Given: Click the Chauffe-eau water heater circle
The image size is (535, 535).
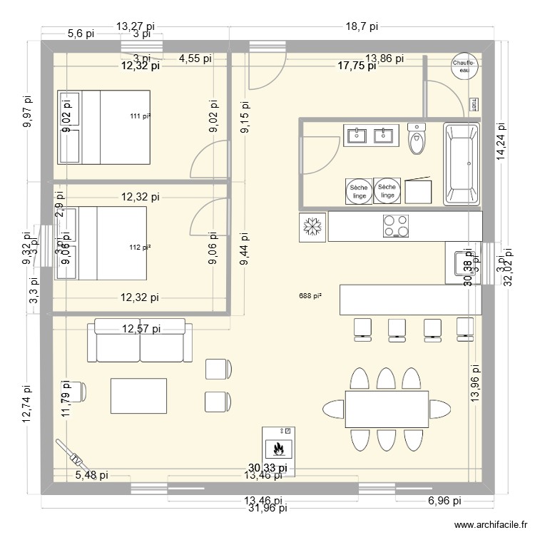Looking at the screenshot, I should click(464, 66).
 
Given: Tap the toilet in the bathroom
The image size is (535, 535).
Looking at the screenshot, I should click(417, 138).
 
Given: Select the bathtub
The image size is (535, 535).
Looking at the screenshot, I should click(462, 163).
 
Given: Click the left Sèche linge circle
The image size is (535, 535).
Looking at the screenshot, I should click(358, 190).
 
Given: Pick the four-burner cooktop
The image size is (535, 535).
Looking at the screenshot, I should click(396, 226).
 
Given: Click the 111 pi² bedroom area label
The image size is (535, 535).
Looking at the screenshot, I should click(141, 116).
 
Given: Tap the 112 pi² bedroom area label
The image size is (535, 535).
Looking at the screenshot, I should click(141, 248).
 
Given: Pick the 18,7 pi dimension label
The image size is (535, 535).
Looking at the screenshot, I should click(362, 26).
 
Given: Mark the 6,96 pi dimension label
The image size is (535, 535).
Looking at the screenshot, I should click(444, 501).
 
